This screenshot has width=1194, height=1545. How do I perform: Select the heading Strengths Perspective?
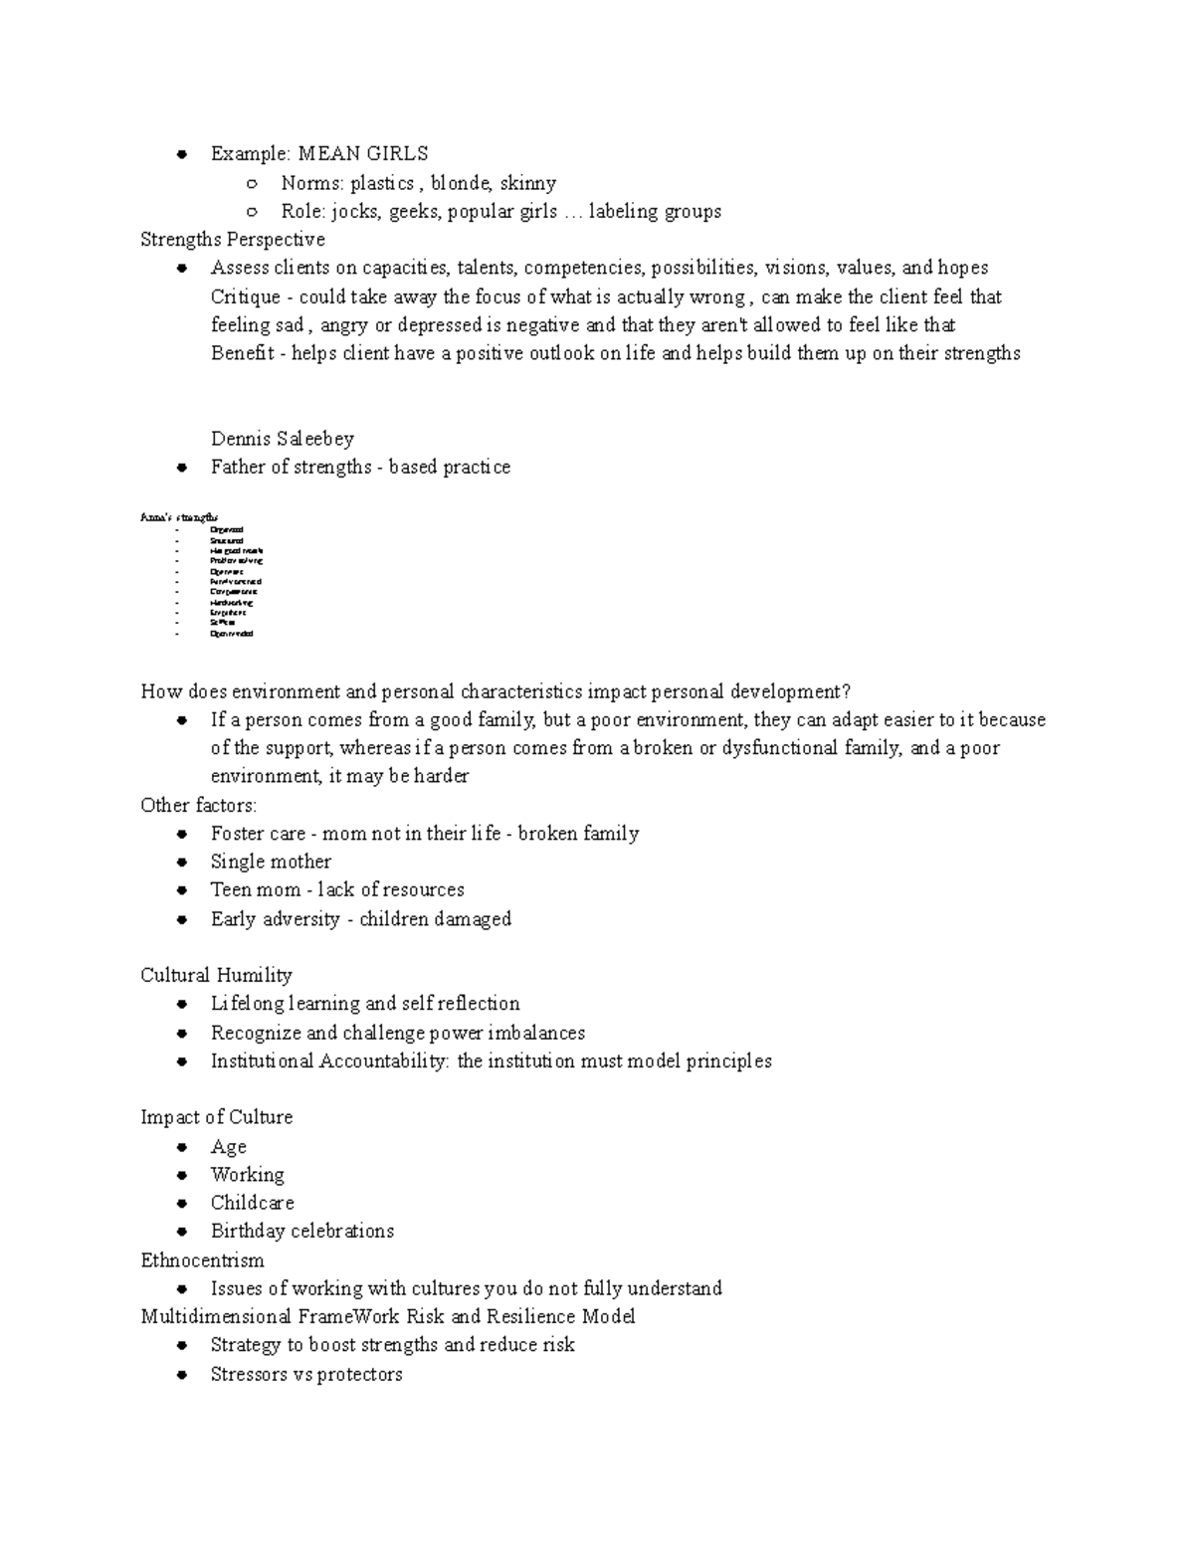pyautogui.click(x=233, y=240)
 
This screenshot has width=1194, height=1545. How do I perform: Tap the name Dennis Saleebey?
pyautogui.click(x=282, y=439)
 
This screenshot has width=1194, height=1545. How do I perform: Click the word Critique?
pyautogui.click(x=245, y=297)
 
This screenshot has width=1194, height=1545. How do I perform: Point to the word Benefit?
pyautogui.click(x=242, y=353)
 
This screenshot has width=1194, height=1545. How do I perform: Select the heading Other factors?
pyautogui.click(x=198, y=805)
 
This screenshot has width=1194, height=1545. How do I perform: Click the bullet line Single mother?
pyautogui.click(x=271, y=862)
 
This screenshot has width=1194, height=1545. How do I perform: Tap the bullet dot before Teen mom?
pyautogui.click(x=181, y=890)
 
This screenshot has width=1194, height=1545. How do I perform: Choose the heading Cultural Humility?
pyautogui.click(x=216, y=975)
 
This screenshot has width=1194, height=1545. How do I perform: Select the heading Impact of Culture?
pyautogui.click(x=216, y=1117)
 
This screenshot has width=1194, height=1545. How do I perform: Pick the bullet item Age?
pyautogui.click(x=228, y=1146)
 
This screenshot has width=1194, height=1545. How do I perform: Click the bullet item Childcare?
pyautogui.click(x=252, y=1203)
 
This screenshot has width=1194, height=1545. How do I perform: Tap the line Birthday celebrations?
pyautogui.click(x=301, y=1232)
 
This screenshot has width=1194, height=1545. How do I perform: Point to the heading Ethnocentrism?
pyautogui.click(x=202, y=1260)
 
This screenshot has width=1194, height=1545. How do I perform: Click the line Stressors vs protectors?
pyautogui.click(x=306, y=1374)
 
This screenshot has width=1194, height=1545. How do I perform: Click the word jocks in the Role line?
pyautogui.click(x=354, y=212)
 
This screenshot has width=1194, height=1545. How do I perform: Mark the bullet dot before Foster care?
pyautogui.click(x=181, y=834)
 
